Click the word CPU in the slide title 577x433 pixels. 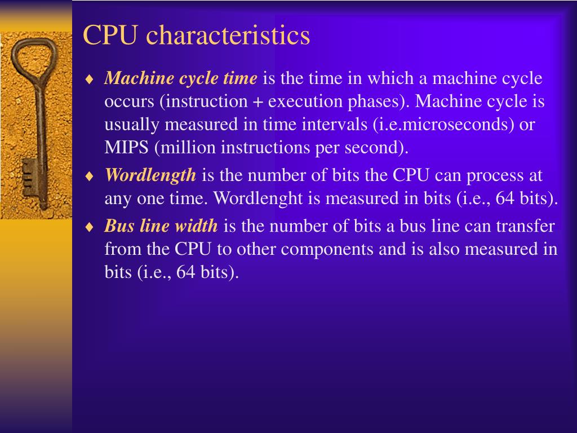click(x=110, y=36)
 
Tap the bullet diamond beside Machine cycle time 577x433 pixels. click(x=88, y=79)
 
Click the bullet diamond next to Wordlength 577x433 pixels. click(x=88, y=176)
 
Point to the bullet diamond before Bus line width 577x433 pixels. click(x=88, y=227)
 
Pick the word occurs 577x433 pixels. click(x=129, y=101)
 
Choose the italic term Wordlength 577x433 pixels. click(x=150, y=175)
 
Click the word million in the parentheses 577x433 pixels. click(x=189, y=148)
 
